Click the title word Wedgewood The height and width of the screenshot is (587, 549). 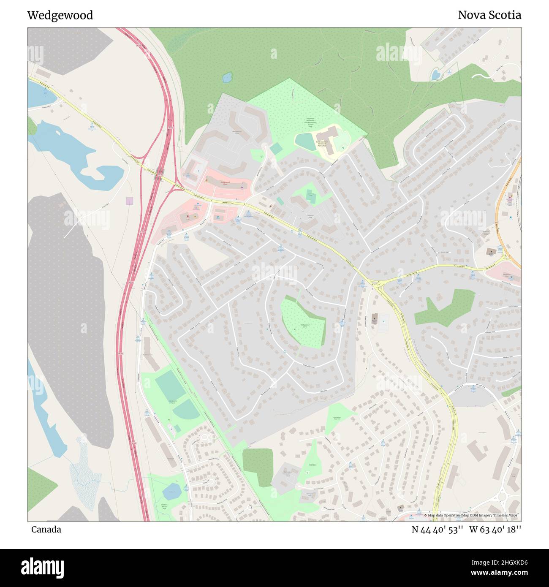click(60, 16)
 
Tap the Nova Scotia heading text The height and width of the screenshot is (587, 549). click(489, 15)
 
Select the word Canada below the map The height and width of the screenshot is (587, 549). click(46, 530)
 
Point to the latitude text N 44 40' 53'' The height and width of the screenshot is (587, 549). click(438, 530)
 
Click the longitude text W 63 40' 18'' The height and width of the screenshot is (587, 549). click(495, 530)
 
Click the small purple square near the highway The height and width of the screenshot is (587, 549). click(129, 201)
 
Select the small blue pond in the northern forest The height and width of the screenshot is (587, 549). click(227, 77)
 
